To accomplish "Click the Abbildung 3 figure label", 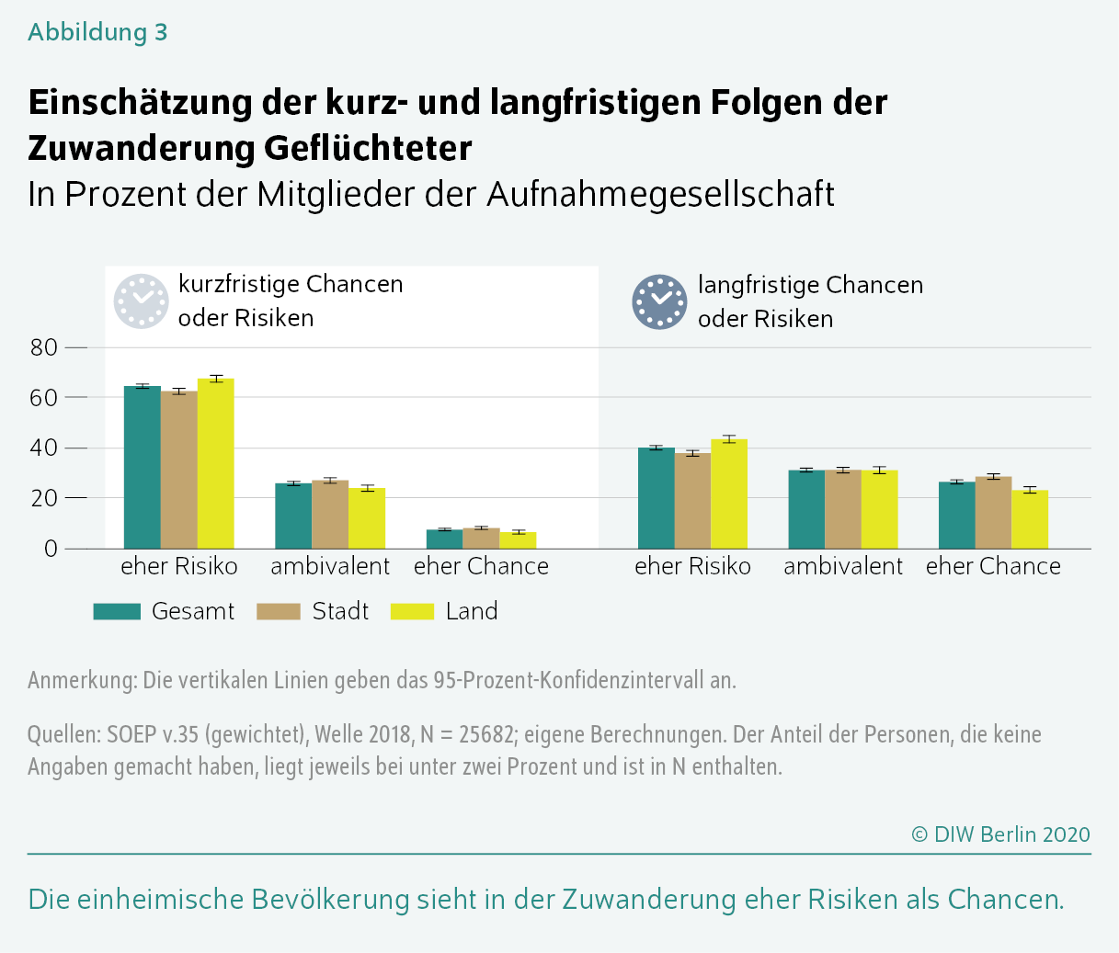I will (x=97, y=32).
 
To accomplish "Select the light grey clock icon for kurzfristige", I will (x=142, y=301).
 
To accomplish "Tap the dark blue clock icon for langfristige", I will (x=659, y=302).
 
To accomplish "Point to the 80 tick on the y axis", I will (x=44, y=347).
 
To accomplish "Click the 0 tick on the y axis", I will (x=51, y=549).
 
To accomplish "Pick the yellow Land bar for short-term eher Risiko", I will (x=216, y=464).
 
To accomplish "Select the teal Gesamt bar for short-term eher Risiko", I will (x=143, y=468).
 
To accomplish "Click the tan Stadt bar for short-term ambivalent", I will (x=330, y=515).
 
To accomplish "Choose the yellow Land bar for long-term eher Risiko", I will (x=729, y=494).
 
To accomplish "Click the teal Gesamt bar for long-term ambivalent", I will (x=806, y=509).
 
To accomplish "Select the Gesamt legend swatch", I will (x=117, y=611).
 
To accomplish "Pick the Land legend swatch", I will (x=412, y=611).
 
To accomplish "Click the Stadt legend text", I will (x=340, y=611).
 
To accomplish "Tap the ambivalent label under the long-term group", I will (x=843, y=566).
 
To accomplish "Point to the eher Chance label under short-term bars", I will (x=481, y=566).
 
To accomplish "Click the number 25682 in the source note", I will (x=477, y=734).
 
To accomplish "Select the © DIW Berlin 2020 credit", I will (x=1000, y=834).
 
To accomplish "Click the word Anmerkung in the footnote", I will (x=82, y=680).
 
